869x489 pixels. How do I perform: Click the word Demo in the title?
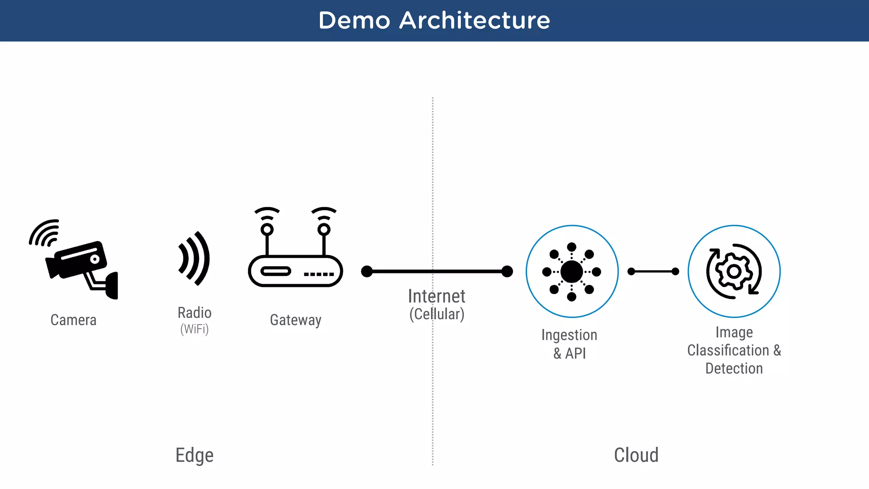(x=354, y=20)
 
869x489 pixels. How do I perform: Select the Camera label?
(x=73, y=320)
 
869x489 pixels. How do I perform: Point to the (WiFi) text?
(x=194, y=329)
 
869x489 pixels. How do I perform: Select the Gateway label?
(x=295, y=320)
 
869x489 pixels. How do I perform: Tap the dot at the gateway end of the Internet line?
(x=367, y=271)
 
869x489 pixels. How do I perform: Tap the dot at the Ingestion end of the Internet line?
(x=507, y=271)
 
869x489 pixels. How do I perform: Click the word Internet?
(x=436, y=296)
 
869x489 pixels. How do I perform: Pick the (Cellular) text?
(x=437, y=314)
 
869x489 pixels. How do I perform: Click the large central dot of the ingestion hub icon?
(x=572, y=272)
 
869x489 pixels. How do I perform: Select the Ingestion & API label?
(x=569, y=344)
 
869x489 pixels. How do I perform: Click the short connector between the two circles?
(x=653, y=271)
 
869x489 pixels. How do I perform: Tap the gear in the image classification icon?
(x=734, y=272)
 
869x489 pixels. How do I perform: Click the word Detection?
(x=734, y=368)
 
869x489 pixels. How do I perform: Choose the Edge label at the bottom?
(x=194, y=455)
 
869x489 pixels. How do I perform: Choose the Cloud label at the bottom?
(x=636, y=455)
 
